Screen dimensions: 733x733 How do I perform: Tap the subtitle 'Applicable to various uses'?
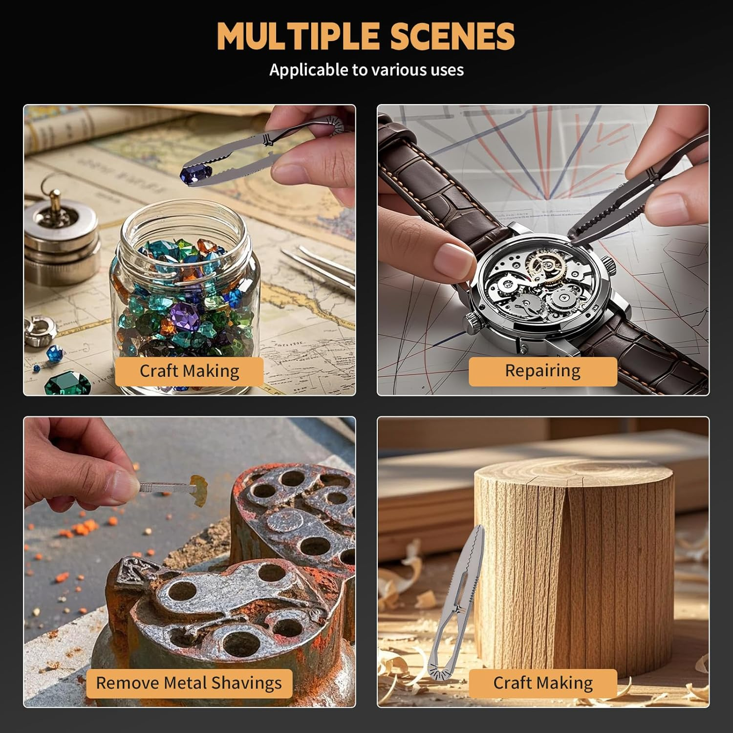point(366,70)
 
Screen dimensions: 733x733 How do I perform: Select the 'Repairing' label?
point(542,371)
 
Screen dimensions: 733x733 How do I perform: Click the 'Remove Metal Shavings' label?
point(189,683)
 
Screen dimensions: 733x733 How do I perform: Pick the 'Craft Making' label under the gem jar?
point(190,371)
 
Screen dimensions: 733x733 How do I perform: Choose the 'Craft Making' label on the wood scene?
point(543,683)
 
